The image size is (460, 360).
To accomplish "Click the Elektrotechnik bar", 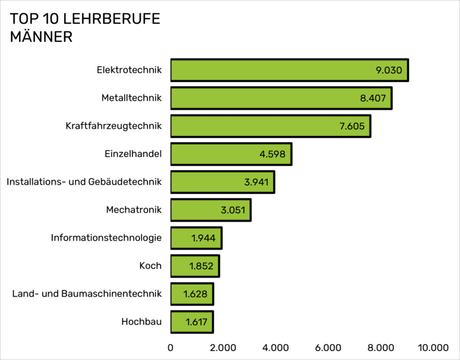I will tap(289, 70).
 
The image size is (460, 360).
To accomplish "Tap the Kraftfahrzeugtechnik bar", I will tap(270, 126).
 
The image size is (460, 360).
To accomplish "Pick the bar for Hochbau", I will tap(191, 322).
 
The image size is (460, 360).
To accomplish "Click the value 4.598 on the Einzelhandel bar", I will tap(273, 154).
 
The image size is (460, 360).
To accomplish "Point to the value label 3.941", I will tap(256, 182).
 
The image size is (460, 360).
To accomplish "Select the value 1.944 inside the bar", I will tap(204, 238).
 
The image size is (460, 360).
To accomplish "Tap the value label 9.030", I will tap(389, 70).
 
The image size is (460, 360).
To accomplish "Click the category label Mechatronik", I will tap(134, 210).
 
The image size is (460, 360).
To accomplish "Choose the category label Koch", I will tap(150, 265).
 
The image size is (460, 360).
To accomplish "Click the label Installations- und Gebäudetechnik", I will tap(84, 181).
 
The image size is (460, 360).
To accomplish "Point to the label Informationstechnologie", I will tap(106, 238).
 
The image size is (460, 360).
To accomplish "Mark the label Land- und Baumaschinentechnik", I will tap(87, 294).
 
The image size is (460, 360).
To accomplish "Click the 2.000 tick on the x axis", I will tap(223, 347).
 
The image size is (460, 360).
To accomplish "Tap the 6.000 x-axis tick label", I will tap(328, 347).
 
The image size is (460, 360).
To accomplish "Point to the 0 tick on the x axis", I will tap(171, 347).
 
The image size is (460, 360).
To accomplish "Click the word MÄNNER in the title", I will tap(41, 37).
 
